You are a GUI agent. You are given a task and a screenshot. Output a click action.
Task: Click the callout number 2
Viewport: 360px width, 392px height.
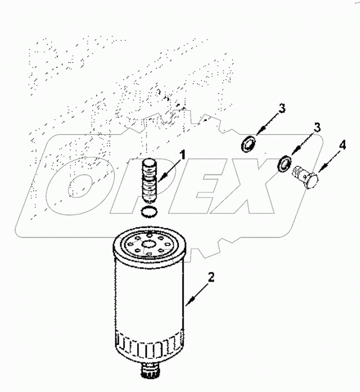click(211, 278)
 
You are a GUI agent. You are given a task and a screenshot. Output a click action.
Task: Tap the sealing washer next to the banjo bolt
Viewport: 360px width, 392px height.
click(283, 164)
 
